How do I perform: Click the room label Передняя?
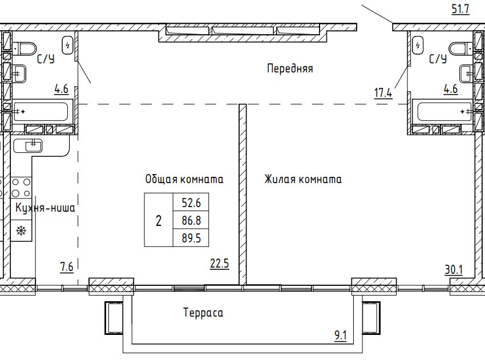[x=290, y=68]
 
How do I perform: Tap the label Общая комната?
[x=184, y=179]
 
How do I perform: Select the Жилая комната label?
[x=303, y=179]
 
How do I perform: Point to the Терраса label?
[x=203, y=313]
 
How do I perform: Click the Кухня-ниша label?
[x=45, y=208]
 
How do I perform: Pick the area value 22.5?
[x=220, y=264]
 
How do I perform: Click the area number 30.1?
[x=454, y=270]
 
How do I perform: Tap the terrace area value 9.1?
[x=341, y=335]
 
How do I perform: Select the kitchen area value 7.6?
[x=67, y=266]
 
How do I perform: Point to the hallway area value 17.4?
[x=383, y=92]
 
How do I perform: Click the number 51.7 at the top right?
[x=460, y=9]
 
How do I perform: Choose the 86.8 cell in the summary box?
[x=191, y=221]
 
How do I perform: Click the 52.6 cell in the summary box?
[x=191, y=203]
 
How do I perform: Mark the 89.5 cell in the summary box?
[x=191, y=238]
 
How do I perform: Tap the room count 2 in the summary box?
[x=159, y=221]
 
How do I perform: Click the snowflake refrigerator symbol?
[x=21, y=230]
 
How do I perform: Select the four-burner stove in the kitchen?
[x=21, y=188]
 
